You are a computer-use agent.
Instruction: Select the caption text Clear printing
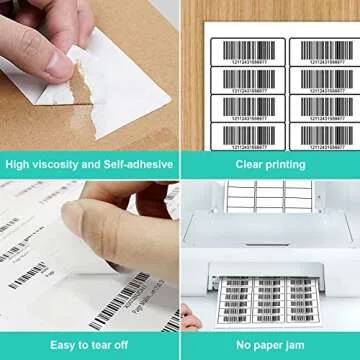(x=270, y=164)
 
